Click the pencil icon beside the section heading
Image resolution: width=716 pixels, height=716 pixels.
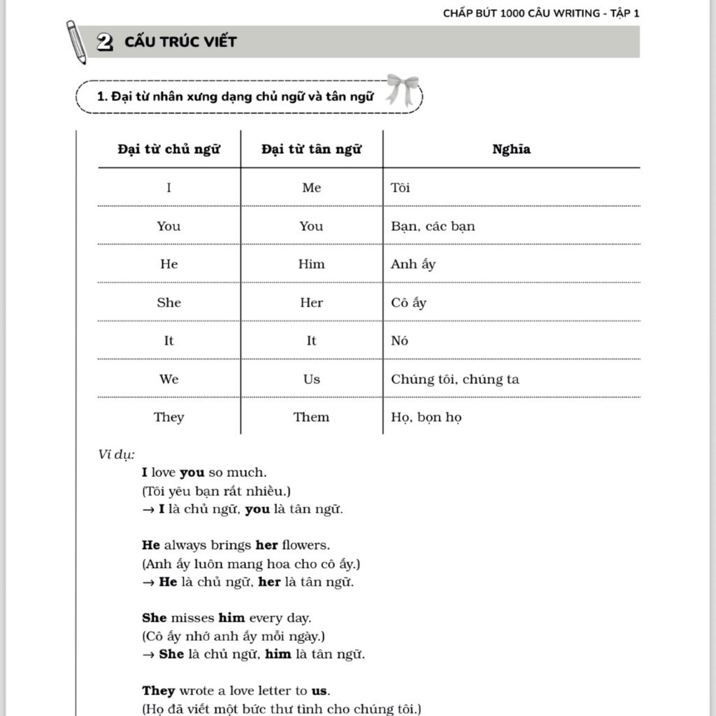click(x=76, y=41)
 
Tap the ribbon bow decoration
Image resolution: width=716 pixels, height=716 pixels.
click(x=403, y=88)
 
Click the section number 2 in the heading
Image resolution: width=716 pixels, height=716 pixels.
click(x=106, y=42)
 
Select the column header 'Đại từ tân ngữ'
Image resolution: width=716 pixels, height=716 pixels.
click(x=311, y=149)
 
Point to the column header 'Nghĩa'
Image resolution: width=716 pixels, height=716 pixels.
click(x=511, y=149)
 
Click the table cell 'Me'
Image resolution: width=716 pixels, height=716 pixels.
click(x=311, y=187)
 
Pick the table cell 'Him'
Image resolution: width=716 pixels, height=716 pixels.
click(x=311, y=264)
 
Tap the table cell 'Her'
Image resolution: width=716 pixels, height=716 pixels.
click(x=311, y=303)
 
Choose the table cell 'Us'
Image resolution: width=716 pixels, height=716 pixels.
click(x=311, y=379)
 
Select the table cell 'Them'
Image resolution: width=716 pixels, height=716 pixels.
click(x=311, y=417)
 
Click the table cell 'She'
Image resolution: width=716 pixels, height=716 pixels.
click(x=169, y=303)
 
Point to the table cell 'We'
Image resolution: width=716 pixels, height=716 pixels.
click(x=169, y=379)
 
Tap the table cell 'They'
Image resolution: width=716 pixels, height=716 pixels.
click(x=169, y=417)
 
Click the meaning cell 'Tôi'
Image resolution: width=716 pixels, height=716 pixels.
click(x=401, y=187)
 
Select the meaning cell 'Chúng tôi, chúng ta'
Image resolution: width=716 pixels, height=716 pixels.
click(x=454, y=379)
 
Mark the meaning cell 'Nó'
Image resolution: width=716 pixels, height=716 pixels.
click(x=399, y=341)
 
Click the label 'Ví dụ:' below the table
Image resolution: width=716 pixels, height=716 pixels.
click(x=116, y=454)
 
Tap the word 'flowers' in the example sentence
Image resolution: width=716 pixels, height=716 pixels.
click(x=306, y=545)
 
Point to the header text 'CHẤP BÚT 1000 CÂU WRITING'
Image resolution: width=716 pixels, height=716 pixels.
click(x=521, y=13)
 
